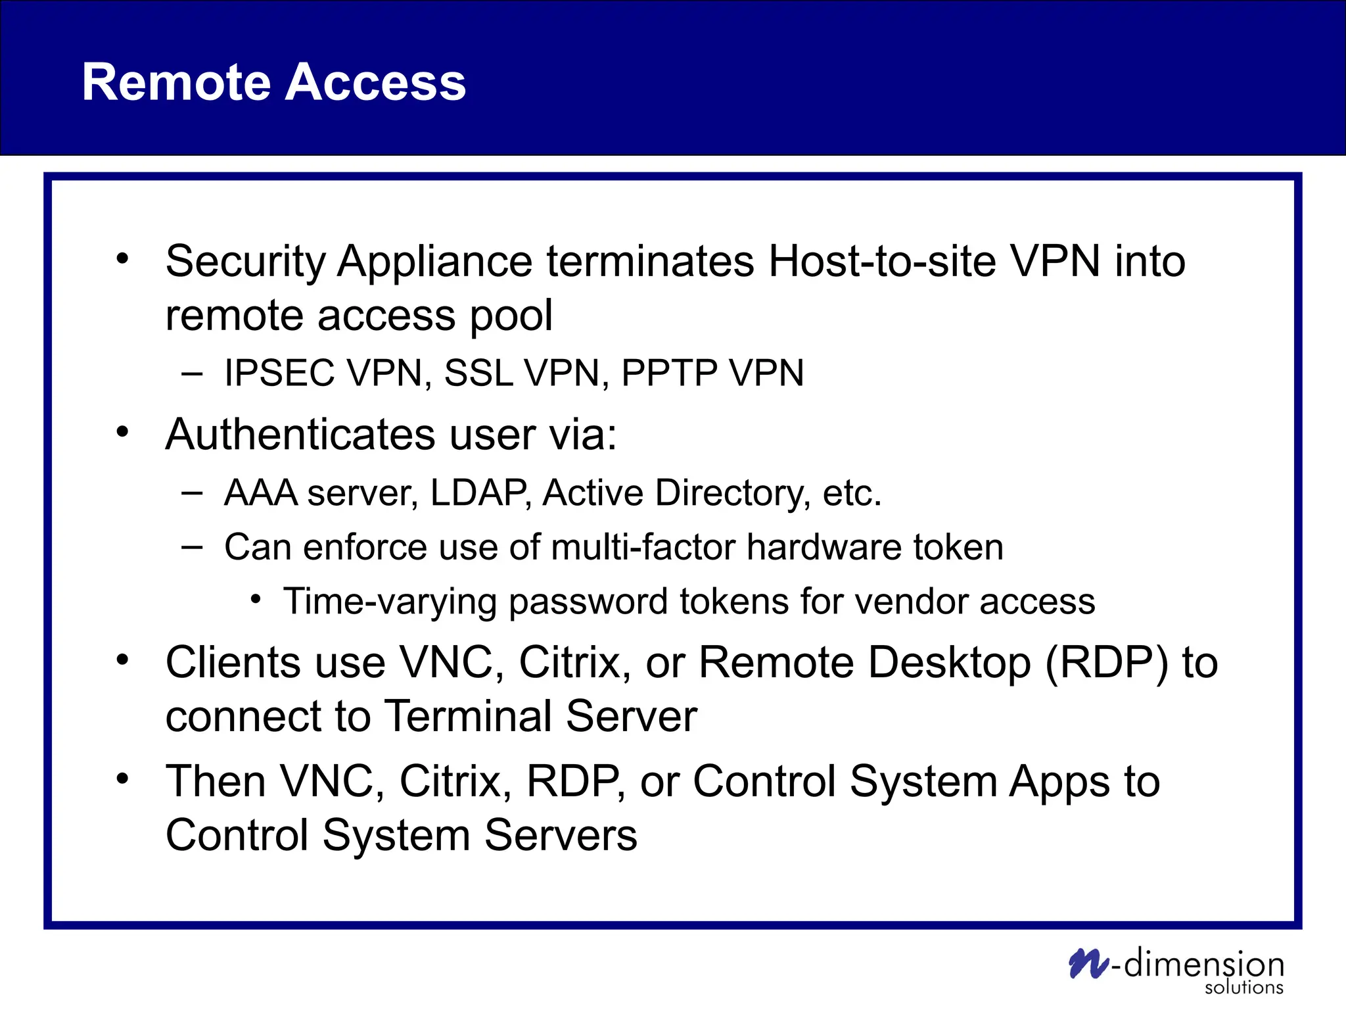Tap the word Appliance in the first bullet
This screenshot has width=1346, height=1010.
tap(434, 262)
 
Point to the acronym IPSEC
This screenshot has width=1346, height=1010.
tap(279, 373)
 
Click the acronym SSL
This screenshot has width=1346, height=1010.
tap(478, 373)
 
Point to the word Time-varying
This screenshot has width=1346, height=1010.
tap(389, 602)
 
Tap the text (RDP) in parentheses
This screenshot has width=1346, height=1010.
tap(1107, 662)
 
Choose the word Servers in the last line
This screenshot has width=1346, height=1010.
tap(560, 836)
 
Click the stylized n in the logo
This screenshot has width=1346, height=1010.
tap(1088, 964)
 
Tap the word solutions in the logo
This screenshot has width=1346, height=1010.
tap(1243, 988)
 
